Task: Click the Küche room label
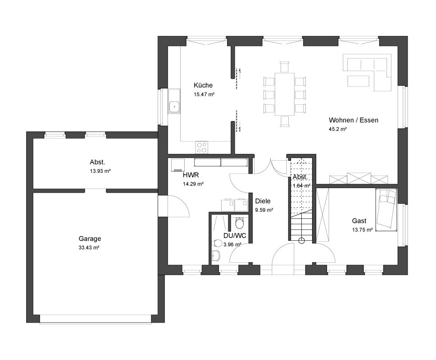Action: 203,85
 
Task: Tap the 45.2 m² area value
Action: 337,129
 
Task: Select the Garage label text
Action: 90,238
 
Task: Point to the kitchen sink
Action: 174,106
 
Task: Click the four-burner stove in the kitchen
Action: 202,148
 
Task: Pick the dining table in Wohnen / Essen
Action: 285,94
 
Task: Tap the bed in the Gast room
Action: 386,210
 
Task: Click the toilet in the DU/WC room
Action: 240,223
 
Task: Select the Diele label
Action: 263,201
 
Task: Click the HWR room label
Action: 191,175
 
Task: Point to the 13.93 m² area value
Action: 100,171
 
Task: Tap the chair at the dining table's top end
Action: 285,67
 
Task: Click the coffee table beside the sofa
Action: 359,81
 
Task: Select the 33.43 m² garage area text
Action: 89,247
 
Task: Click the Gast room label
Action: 359,221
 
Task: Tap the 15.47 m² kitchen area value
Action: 204,94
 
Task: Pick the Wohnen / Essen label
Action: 354,120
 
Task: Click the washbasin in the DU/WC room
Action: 216,256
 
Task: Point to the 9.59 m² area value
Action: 264,210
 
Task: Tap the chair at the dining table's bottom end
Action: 285,121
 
